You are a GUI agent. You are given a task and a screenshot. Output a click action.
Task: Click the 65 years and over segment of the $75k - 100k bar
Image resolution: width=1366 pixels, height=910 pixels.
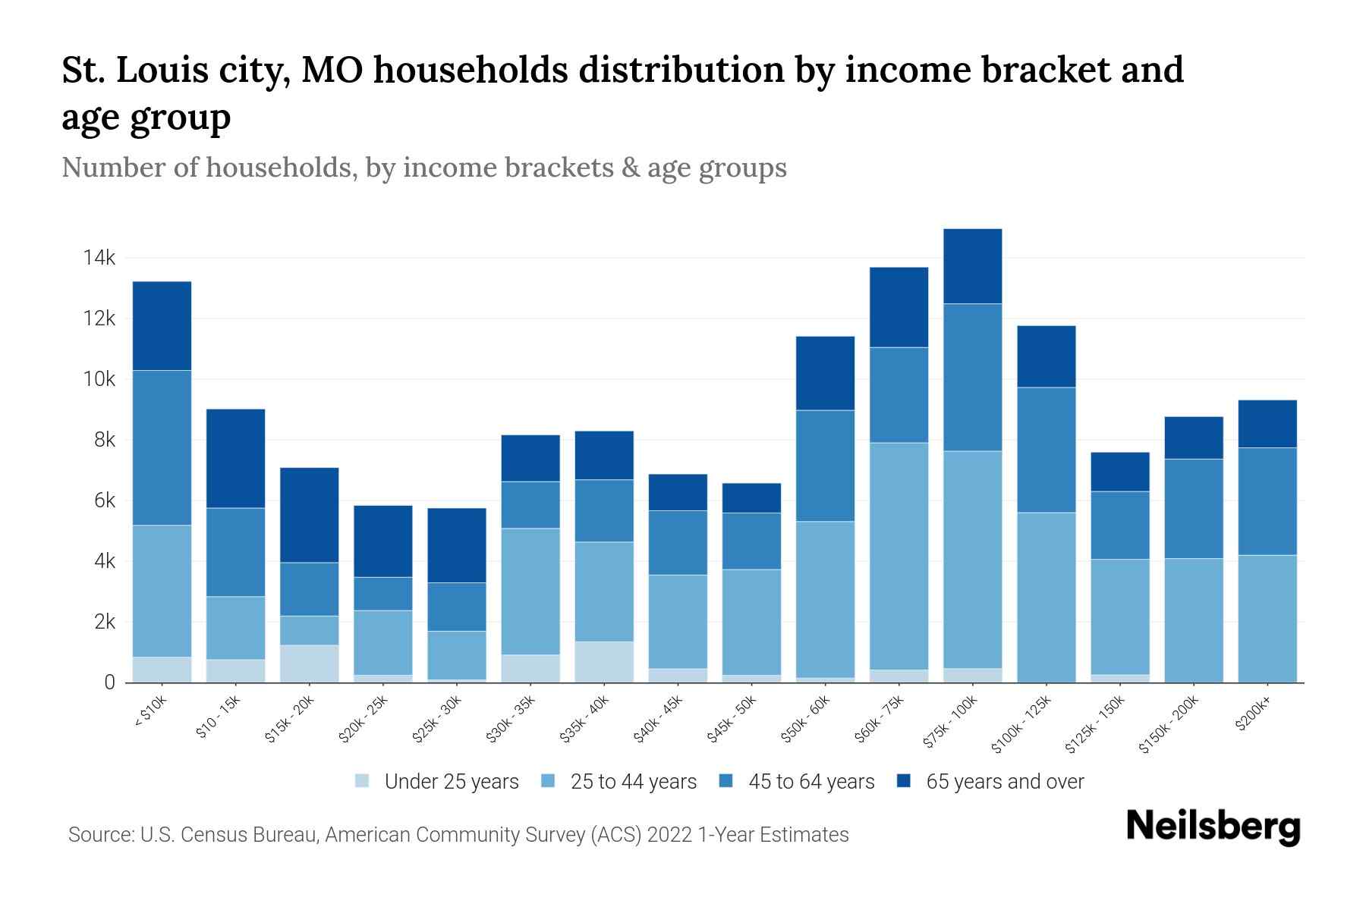[x=972, y=266]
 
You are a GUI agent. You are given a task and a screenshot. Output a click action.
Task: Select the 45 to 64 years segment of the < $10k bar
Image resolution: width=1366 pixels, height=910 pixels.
[x=162, y=447]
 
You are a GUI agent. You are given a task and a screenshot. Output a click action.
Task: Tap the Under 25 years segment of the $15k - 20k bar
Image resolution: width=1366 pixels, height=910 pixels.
[x=309, y=664]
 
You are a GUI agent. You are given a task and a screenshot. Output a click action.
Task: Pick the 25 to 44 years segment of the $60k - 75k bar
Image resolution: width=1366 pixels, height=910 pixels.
[x=899, y=555]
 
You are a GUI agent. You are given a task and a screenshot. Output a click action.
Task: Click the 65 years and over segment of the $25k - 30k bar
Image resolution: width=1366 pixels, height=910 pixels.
[x=457, y=544]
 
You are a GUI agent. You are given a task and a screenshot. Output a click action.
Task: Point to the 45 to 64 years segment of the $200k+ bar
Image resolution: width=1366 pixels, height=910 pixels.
[x=1267, y=501]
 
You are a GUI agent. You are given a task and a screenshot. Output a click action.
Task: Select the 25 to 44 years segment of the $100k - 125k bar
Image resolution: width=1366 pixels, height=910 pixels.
[x=1046, y=597]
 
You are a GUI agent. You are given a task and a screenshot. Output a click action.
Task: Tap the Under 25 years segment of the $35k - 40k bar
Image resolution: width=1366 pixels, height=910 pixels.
[x=604, y=662]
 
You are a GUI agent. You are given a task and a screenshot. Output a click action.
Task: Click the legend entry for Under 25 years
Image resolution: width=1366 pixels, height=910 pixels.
[x=451, y=782]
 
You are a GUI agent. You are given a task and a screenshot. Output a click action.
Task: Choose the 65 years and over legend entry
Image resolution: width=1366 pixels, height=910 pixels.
[x=1004, y=782]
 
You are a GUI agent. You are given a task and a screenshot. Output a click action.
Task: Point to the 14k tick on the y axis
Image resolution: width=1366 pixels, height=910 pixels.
[x=99, y=258]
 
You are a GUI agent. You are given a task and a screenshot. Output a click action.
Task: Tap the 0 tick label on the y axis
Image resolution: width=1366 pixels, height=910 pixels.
[x=110, y=682]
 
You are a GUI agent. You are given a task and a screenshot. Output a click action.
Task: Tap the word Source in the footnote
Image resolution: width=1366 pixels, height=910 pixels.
[x=100, y=835]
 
